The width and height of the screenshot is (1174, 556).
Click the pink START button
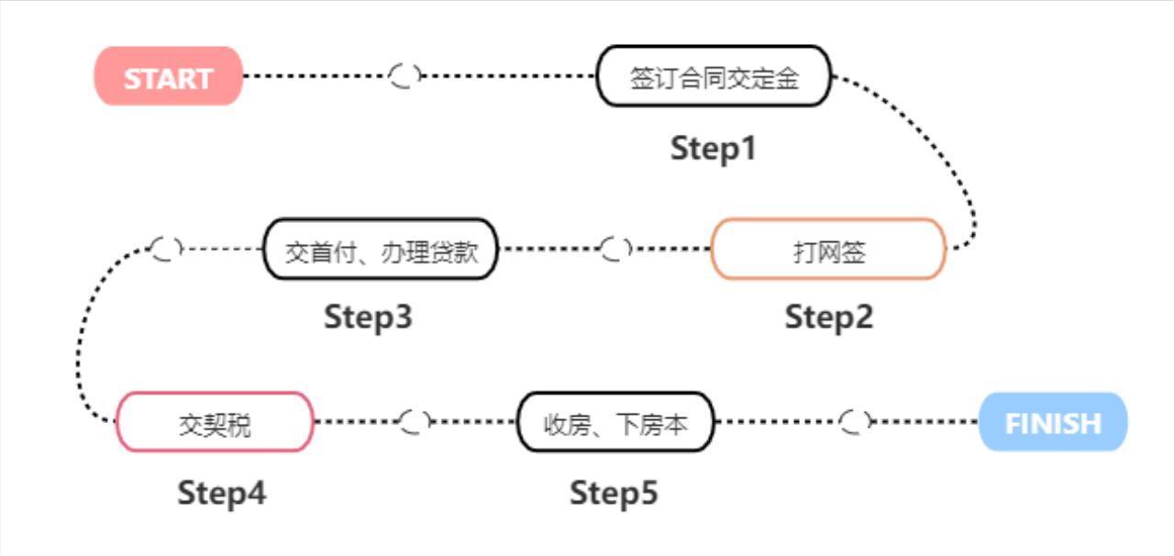pyautogui.click(x=169, y=77)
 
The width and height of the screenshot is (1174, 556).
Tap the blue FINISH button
pyautogui.click(x=1052, y=423)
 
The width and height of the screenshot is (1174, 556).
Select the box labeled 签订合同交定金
pyautogui.click(x=714, y=77)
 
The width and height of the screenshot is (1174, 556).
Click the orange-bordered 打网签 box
pyautogui.click(x=828, y=250)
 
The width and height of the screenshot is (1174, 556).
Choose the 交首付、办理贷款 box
pyautogui.click(x=381, y=250)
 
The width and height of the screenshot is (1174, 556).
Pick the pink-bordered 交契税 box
pyautogui.click(x=215, y=423)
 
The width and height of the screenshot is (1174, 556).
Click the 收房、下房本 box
pyautogui.click(x=615, y=423)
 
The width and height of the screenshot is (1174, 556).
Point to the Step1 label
pyautogui.click(x=714, y=149)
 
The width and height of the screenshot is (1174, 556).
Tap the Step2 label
pyautogui.click(x=828, y=317)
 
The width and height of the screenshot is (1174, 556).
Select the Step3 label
pyautogui.click(x=368, y=317)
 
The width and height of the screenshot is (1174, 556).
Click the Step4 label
pyautogui.click(x=222, y=494)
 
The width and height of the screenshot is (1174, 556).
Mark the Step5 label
pyautogui.click(x=614, y=494)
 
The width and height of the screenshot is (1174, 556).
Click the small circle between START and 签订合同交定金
pyautogui.click(x=404, y=77)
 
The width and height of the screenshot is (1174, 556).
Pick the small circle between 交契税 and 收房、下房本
pyautogui.click(x=415, y=422)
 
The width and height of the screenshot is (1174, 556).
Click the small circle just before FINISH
pyautogui.click(x=855, y=422)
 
